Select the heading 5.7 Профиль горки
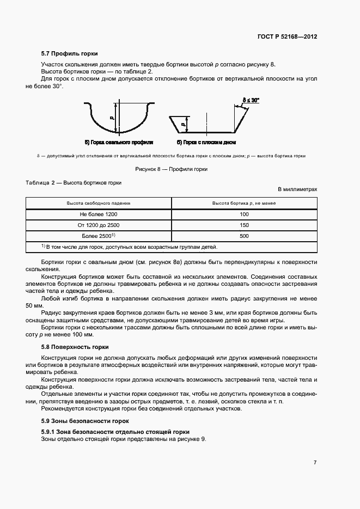click(x=70, y=54)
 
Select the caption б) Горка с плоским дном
click(x=207, y=142)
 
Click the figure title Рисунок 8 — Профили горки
click(x=171, y=169)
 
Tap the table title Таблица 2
click(x=74, y=183)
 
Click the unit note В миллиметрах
click(x=297, y=189)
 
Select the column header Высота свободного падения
click(x=99, y=203)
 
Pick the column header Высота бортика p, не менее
click(x=243, y=203)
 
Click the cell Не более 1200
click(x=99, y=214)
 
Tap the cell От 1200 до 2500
click(x=99, y=225)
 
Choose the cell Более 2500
click(x=99, y=236)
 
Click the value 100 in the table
click(x=243, y=214)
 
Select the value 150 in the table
click(x=243, y=225)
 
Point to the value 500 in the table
click(x=243, y=236)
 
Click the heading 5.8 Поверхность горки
click(x=75, y=347)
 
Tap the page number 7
click(x=315, y=463)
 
